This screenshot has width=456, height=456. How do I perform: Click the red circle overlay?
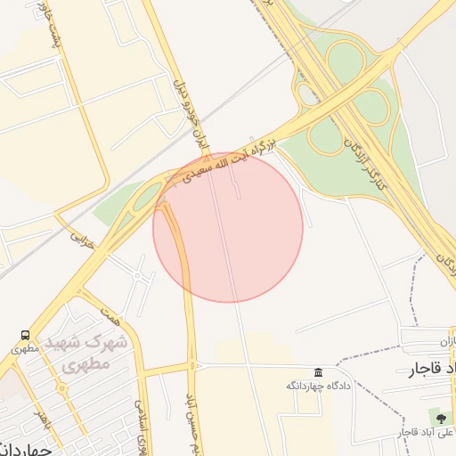pyautogui.click(x=228, y=227)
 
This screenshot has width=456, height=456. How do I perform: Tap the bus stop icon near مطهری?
pyautogui.click(x=24, y=336)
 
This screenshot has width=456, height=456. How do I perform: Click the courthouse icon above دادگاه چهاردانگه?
pyautogui.click(x=318, y=371)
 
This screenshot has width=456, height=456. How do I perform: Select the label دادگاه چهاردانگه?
pyautogui.click(x=310, y=386)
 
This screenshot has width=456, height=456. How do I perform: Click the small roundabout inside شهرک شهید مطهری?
pyautogui.click(x=61, y=389)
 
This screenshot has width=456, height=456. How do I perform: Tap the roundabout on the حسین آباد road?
pyautogui.click(x=192, y=365)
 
